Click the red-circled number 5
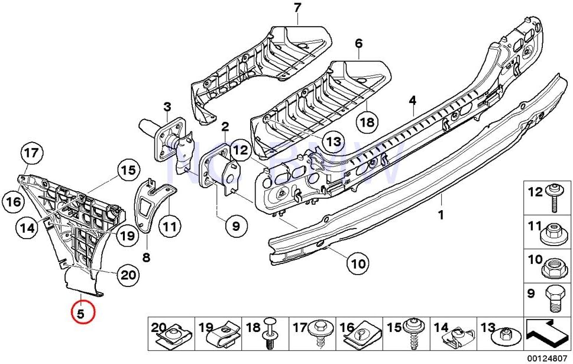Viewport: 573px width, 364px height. tap(82, 312)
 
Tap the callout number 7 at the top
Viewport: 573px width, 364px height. tap(297, 8)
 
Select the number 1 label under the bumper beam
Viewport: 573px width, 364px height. tap(440, 215)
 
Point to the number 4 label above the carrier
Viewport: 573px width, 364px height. tap(412, 101)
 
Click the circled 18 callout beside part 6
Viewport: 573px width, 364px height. tap(367, 123)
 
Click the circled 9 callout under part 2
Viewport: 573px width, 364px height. tap(236, 226)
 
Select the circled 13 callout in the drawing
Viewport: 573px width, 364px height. tap(334, 141)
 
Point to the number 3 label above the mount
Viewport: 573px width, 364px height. tap(167, 107)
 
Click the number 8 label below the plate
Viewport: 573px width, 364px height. tap(146, 257)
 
